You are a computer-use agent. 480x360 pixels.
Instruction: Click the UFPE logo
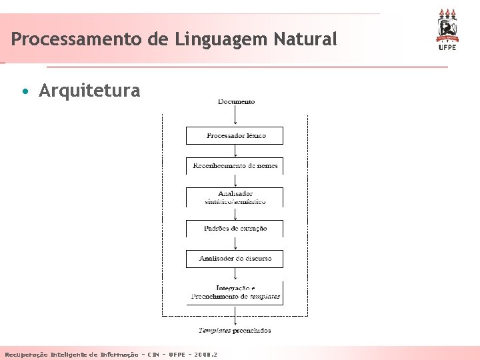tap(447, 30)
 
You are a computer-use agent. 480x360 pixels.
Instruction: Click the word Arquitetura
tap(89, 91)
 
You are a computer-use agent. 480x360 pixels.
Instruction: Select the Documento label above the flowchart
tap(236, 102)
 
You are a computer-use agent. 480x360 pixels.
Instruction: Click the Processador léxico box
tap(235, 135)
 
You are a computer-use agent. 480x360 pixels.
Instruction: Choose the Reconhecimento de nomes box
tap(235, 165)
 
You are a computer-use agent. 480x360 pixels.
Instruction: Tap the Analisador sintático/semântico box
tap(235, 197)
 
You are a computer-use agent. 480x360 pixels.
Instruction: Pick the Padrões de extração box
tap(235, 229)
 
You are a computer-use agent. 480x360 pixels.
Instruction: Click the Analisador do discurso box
tap(235, 259)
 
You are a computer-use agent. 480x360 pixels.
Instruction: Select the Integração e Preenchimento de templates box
tap(235, 293)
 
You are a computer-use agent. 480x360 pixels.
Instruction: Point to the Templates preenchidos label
tap(235, 330)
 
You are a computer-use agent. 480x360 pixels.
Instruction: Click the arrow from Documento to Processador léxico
tap(235, 116)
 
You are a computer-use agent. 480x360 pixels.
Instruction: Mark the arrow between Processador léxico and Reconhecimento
tap(235, 151)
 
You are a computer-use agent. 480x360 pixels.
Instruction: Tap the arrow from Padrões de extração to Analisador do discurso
tap(235, 243)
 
